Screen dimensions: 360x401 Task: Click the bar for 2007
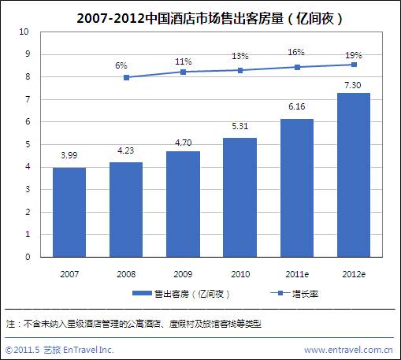[69, 212]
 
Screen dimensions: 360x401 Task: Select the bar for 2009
[183, 204]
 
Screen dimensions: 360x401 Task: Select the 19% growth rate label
[354, 55]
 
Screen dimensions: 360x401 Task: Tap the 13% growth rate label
[240, 56]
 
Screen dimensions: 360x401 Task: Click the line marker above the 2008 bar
[126, 77]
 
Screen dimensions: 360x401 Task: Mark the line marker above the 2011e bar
[296, 67]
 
